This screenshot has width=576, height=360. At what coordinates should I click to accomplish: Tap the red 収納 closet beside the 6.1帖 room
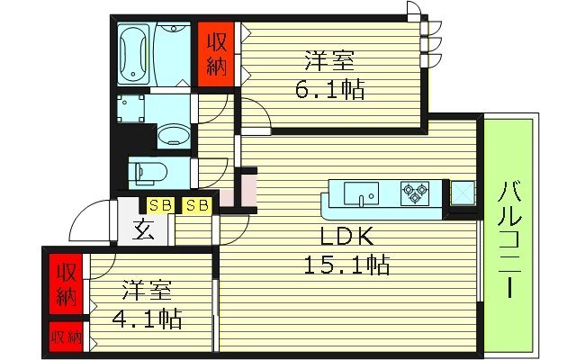point(216,54)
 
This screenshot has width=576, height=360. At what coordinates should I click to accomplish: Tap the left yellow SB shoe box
point(160,205)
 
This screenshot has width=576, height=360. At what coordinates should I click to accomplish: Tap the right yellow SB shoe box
point(197,205)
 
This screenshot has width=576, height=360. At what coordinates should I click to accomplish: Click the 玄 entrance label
point(145,229)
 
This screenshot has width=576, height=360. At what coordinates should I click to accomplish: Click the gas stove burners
point(416,191)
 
